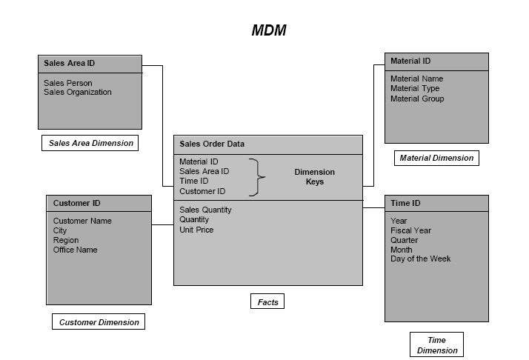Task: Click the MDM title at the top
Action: coord(268,30)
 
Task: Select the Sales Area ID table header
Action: coord(70,64)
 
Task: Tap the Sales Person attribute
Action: coord(68,83)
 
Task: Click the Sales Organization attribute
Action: coord(78,93)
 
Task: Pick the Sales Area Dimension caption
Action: coord(90,143)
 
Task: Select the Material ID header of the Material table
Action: coord(410,61)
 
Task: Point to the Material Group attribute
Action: coord(417,99)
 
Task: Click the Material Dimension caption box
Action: coord(436,158)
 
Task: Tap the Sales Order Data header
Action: coord(212,144)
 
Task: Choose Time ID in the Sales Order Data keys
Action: coord(194,181)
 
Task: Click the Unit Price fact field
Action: coord(196,230)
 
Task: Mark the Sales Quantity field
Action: coord(205,210)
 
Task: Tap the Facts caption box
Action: coord(267,301)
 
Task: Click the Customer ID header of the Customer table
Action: coord(77,203)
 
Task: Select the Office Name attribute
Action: coord(75,250)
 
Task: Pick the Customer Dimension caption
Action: coord(99,322)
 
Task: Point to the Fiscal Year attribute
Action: coord(410,230)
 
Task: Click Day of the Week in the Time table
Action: coord(420,259)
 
